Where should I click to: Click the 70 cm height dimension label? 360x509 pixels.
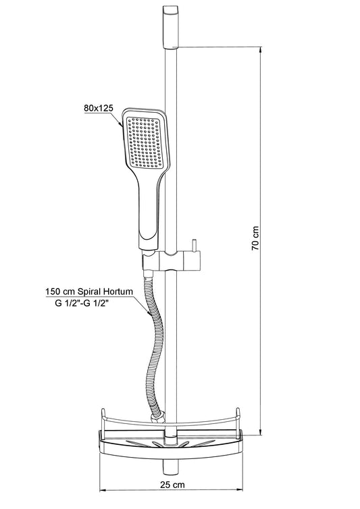click(x=256, y=238)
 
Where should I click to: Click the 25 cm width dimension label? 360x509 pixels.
click(x=172, y=485)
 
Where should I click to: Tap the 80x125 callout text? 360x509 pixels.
click(x=99, y=108)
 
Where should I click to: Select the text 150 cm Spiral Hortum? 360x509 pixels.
click(x=89, y=292)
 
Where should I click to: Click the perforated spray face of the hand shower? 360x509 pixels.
click(x=143, y=142)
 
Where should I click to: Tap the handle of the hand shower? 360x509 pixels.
click(x=149, y=214)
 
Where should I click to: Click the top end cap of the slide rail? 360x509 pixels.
click(x=170, y=27)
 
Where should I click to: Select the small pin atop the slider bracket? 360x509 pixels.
click(x=195, y=246)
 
